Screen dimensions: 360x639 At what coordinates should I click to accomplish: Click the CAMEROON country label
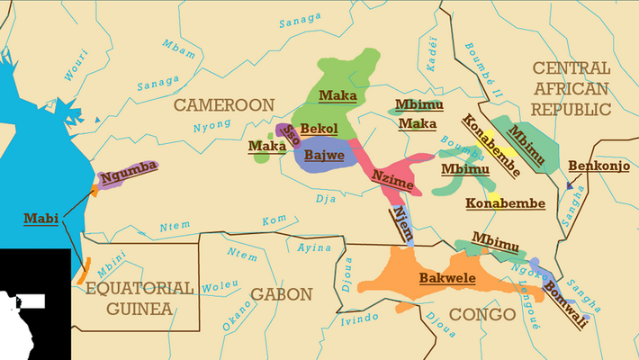pos(223,105)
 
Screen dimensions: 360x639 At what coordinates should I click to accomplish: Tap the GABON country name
pos(281,294)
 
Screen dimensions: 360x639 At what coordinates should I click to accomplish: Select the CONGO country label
pos(481,314)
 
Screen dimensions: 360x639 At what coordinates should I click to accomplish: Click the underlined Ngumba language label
pos(129,166)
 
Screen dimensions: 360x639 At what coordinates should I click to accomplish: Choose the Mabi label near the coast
pos(40,218)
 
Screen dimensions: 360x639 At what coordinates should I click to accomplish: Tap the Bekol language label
pos(319,129)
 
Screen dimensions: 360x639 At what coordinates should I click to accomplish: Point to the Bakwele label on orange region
pos(446,279)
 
